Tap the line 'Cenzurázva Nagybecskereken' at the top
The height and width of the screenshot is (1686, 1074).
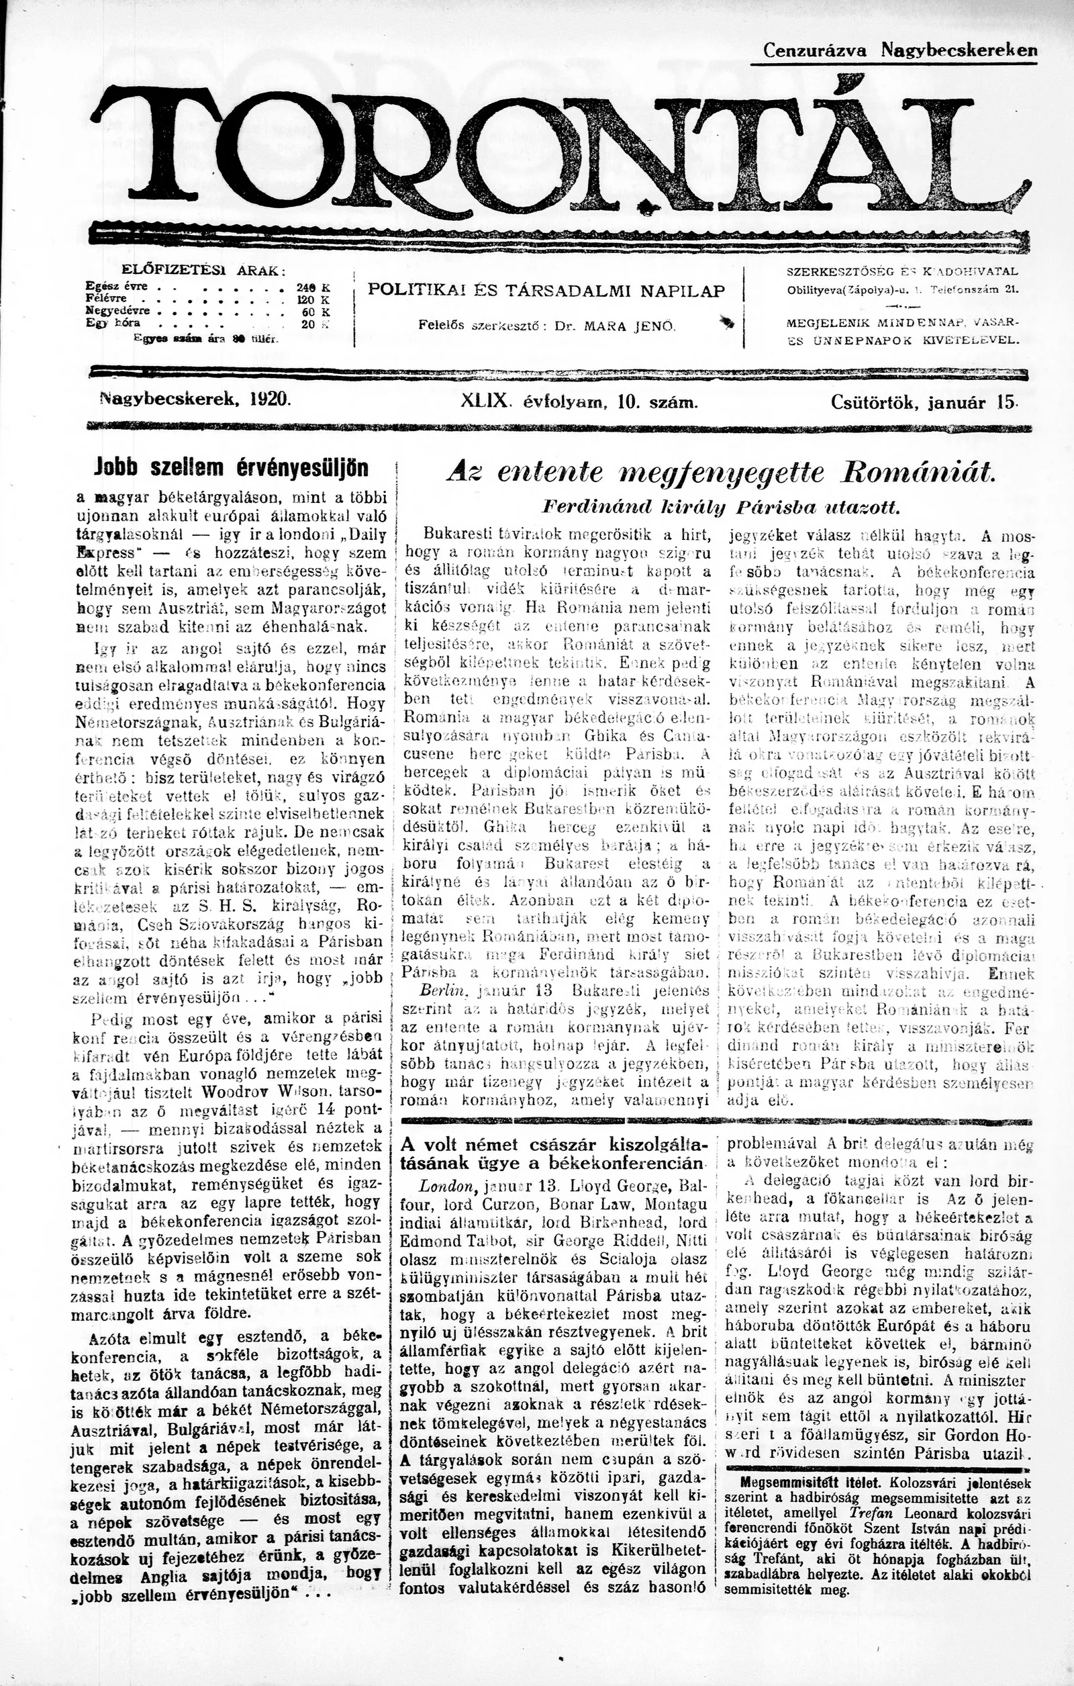click(899, 51)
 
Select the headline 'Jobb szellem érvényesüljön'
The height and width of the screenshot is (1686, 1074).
click(231, 468)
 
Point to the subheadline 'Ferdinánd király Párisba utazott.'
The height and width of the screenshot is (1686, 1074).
click(720, 507)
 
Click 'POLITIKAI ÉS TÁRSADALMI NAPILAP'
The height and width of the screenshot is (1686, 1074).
click(547, 291)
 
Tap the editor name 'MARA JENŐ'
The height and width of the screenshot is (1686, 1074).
click(620, 326)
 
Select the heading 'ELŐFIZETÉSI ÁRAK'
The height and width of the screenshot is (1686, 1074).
click(203, 269)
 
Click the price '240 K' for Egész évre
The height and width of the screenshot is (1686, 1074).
click(312, 286)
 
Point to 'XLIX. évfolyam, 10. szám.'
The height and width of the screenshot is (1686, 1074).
click(579, 402)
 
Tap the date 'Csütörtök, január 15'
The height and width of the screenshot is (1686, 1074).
click(924, 402)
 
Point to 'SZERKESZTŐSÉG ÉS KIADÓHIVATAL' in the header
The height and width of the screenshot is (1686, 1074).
click(902, 271)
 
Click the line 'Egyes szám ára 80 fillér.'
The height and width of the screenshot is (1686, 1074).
click(207, 338)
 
